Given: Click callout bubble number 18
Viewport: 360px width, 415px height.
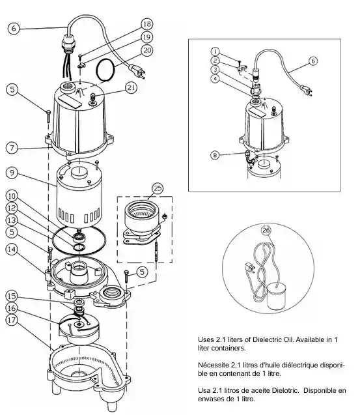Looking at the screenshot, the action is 147,24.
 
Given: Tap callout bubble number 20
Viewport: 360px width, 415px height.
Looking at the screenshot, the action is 147,50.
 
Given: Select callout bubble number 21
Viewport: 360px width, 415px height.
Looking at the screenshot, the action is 132,87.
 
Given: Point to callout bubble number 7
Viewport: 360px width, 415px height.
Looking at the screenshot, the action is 12,148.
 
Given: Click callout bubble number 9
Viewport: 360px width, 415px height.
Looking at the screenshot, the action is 12,173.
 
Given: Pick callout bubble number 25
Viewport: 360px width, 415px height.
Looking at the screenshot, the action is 158,188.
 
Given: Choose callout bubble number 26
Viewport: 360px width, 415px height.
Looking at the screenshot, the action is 266,230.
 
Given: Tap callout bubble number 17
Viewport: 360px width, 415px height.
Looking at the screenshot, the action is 12,320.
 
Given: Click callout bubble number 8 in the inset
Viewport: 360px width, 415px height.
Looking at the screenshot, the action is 215,155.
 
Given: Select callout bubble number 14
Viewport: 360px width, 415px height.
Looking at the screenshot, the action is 12,250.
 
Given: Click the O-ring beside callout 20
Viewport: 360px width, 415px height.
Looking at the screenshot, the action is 105,69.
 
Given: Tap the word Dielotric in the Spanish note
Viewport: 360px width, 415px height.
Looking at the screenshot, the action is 286,390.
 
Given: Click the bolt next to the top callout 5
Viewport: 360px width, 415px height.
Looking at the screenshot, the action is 48,116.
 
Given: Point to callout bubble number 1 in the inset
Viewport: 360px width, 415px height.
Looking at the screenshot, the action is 215,51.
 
